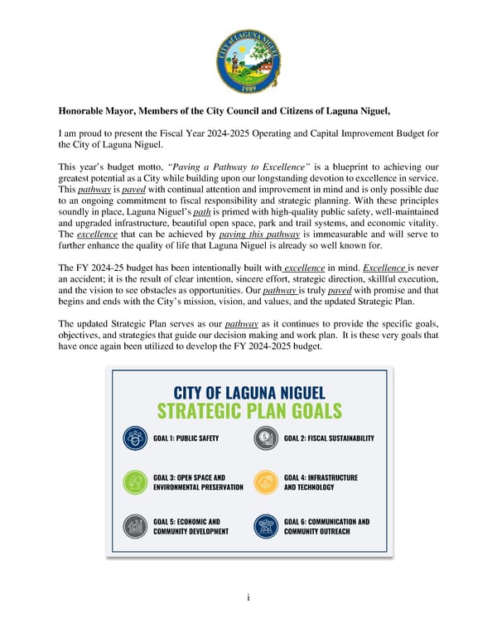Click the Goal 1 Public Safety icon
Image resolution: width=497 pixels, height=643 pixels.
(x=134, y=438)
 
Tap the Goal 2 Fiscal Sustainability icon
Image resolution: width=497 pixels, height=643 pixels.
(x=264, y=438)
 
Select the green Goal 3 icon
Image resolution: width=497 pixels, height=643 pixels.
(x=134, y=482)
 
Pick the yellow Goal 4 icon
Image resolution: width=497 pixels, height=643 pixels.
(x=264, y=482)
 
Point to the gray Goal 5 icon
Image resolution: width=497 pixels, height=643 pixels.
(x=134, y=526)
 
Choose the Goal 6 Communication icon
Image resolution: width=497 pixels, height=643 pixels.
(x=264, y=526)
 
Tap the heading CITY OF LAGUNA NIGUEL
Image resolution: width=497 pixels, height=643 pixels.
(x=248, y=393)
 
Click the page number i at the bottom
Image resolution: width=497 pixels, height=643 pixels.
(x=248, y=597)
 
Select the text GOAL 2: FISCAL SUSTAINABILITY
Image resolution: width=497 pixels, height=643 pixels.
(x=329, y=438)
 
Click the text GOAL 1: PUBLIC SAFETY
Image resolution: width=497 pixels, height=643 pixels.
(x=186, y=438)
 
